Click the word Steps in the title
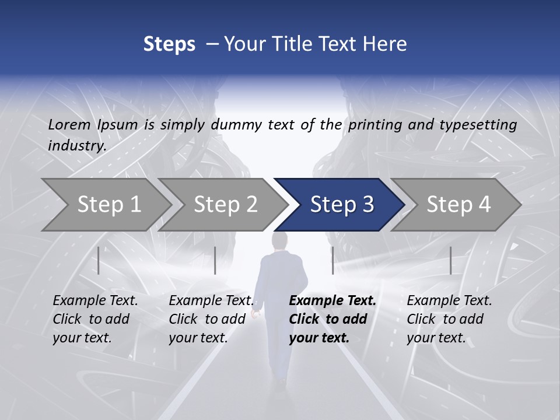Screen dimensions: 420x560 pyautogui.click(x=169, y=44)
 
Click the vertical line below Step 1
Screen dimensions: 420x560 pyautogui.click(x=99, y=260)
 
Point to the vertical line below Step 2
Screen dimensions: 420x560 pyautogui.click(x=215, y=260)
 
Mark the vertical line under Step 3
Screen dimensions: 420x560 pyautogui.click(x=332, y=260)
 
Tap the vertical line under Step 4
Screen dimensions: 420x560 pyautogui.click(x=450, y=260)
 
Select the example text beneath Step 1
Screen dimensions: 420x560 pyautogui.click(x=95, y=319)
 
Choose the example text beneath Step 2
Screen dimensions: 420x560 pyautogui.click(x=211, y=319)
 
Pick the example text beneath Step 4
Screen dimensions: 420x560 pyautogui.click(x=449, y=319)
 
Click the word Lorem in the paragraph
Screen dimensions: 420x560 pyautogui.click(x=69, y=124)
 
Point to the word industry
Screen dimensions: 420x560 pyautogui.click(x=76, y=146)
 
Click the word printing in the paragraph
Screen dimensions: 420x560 pyautogui.click(x=375, y=124)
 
